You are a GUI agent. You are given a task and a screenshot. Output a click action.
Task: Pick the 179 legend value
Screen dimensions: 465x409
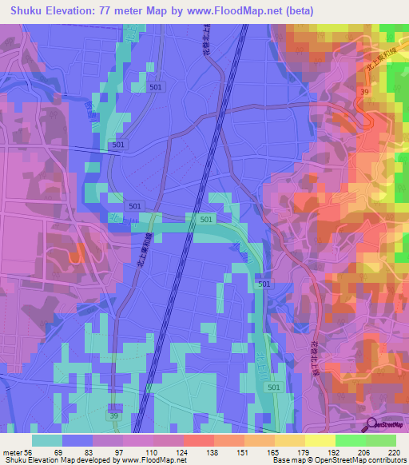[304, 451]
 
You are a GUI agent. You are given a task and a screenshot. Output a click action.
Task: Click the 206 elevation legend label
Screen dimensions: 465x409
[364, 451]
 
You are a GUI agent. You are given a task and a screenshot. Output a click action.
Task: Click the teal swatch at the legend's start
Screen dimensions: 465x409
[47, 440]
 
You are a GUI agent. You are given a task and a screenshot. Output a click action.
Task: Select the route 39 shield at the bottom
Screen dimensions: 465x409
[114, 416]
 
